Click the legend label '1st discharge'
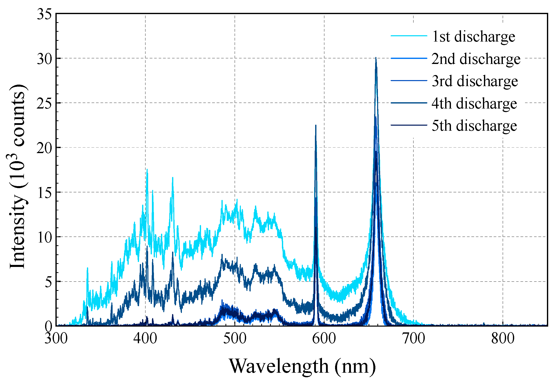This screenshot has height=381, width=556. pos(474,37)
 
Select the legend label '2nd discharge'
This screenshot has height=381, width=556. pos(476,59)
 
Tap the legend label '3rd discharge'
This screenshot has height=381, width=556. pos(475,81)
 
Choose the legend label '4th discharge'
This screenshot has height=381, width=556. pos(474,103)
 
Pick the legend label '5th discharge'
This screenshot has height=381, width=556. pos(474,126)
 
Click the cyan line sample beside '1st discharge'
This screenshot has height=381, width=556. pos(409,36)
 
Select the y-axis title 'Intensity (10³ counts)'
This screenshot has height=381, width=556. pos(18,176)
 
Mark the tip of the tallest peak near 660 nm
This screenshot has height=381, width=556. pos(376,58)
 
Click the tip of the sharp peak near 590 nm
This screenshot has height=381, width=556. pos(316,125)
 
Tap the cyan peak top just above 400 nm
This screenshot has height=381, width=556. pos(147,169)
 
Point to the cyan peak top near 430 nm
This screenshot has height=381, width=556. pos(173,178)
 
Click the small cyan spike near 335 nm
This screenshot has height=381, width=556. pos(87,268)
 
